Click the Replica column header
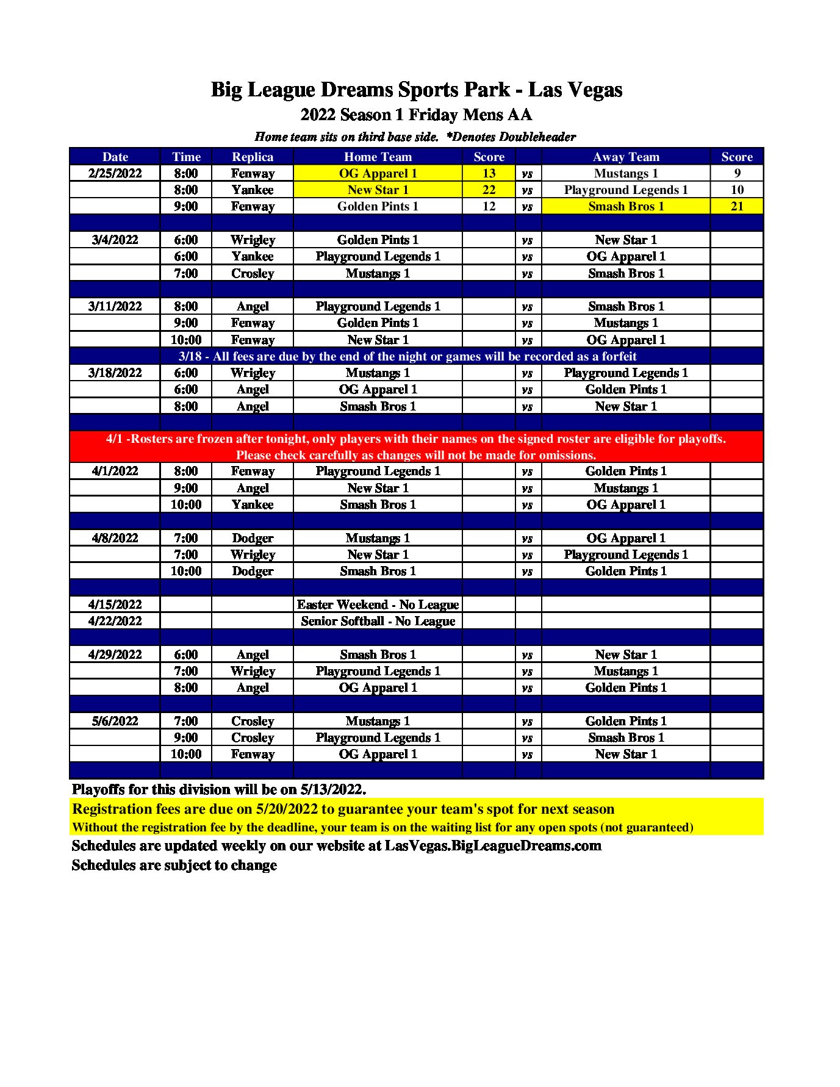tap(253, 157)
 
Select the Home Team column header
tap(378, 157)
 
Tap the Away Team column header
tap(626, 157)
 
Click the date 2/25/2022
tap(115, 173)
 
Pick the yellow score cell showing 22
tap(489, 190)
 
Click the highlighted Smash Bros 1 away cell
tap(626, 206)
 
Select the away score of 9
tap(737, 173)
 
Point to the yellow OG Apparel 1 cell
tap(378, 173)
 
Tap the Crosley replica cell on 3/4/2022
tap(253, 273)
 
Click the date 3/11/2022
tap(115, 306)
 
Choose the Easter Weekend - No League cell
tap(378, 604)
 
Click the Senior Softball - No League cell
tap(378, 621)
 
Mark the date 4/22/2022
tap(115, 621)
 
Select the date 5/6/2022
tap(115, 721)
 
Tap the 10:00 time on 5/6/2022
tap(185, 754)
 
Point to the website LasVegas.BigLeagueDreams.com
tap(493, 845)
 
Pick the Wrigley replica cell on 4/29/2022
tap(253, 671)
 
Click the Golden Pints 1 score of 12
tap(489, 206)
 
